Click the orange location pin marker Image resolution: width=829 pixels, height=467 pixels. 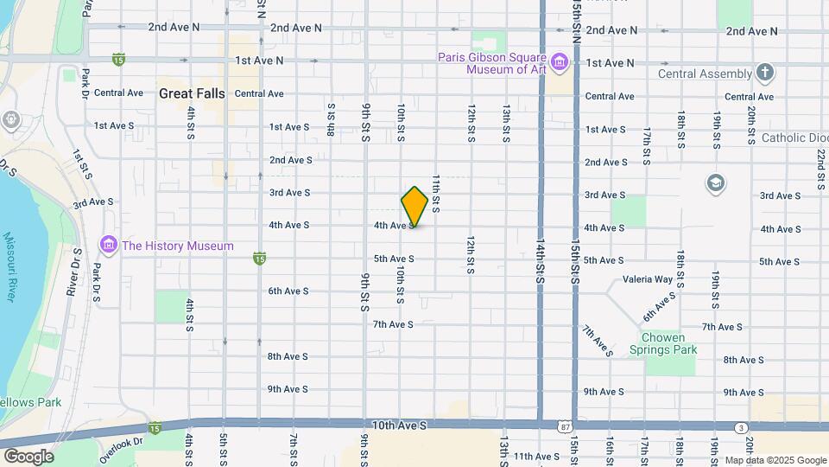click(414, 206)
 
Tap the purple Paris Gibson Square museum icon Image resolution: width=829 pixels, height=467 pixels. click(560, 61)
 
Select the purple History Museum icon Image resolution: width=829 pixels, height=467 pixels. click(109, 246)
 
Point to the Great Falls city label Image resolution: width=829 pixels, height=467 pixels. click(192, 93)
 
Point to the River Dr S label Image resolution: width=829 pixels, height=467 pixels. click(73, 272)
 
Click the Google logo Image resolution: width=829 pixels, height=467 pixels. click(28, 457)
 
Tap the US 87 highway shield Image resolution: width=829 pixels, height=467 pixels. click(564, 427)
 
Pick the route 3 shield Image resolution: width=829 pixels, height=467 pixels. click(741, 427)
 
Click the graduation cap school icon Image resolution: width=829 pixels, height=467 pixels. click(715, 183)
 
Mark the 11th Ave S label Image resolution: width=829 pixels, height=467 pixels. click(536, 456)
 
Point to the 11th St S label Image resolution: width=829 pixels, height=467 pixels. click(437, 194)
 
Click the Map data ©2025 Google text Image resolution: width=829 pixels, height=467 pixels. click(774, 460)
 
